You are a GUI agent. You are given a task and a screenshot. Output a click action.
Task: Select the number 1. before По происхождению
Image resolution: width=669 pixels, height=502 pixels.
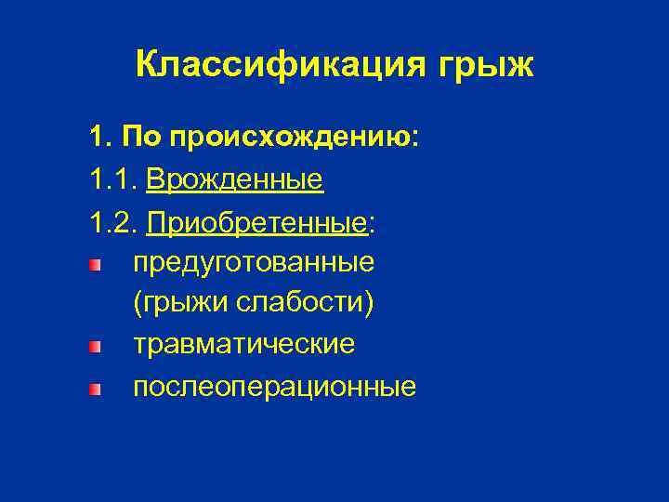(100, 138)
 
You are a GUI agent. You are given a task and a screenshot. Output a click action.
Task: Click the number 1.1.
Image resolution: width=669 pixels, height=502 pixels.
(113, 179)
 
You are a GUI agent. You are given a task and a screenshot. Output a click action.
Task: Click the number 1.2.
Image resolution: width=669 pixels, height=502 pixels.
(113, 221)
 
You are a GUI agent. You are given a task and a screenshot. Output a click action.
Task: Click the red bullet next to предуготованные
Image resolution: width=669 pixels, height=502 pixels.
(94, 265)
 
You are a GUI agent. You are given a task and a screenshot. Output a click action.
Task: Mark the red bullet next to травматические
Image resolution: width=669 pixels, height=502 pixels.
(94, 347)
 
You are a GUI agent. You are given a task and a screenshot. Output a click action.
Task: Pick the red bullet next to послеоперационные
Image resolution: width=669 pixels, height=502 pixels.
(94, 388)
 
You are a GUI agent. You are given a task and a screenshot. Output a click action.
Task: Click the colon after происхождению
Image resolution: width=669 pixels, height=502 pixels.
(415, 139)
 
